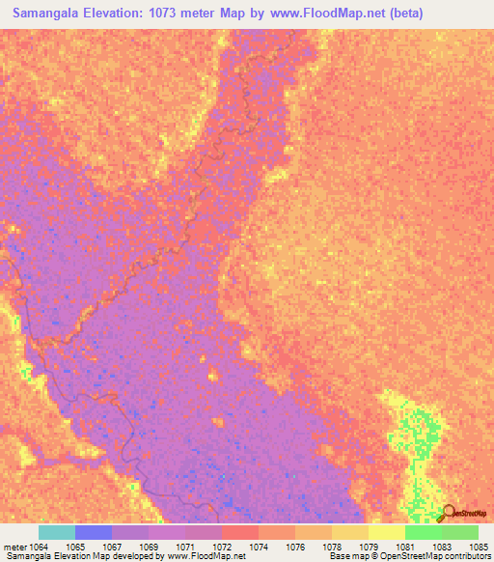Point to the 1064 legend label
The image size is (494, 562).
39,547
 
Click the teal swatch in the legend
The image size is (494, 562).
57,532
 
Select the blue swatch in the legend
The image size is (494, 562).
94,532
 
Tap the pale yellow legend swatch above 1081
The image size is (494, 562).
387,532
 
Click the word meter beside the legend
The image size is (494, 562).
14,547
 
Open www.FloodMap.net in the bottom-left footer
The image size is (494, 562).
206,556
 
